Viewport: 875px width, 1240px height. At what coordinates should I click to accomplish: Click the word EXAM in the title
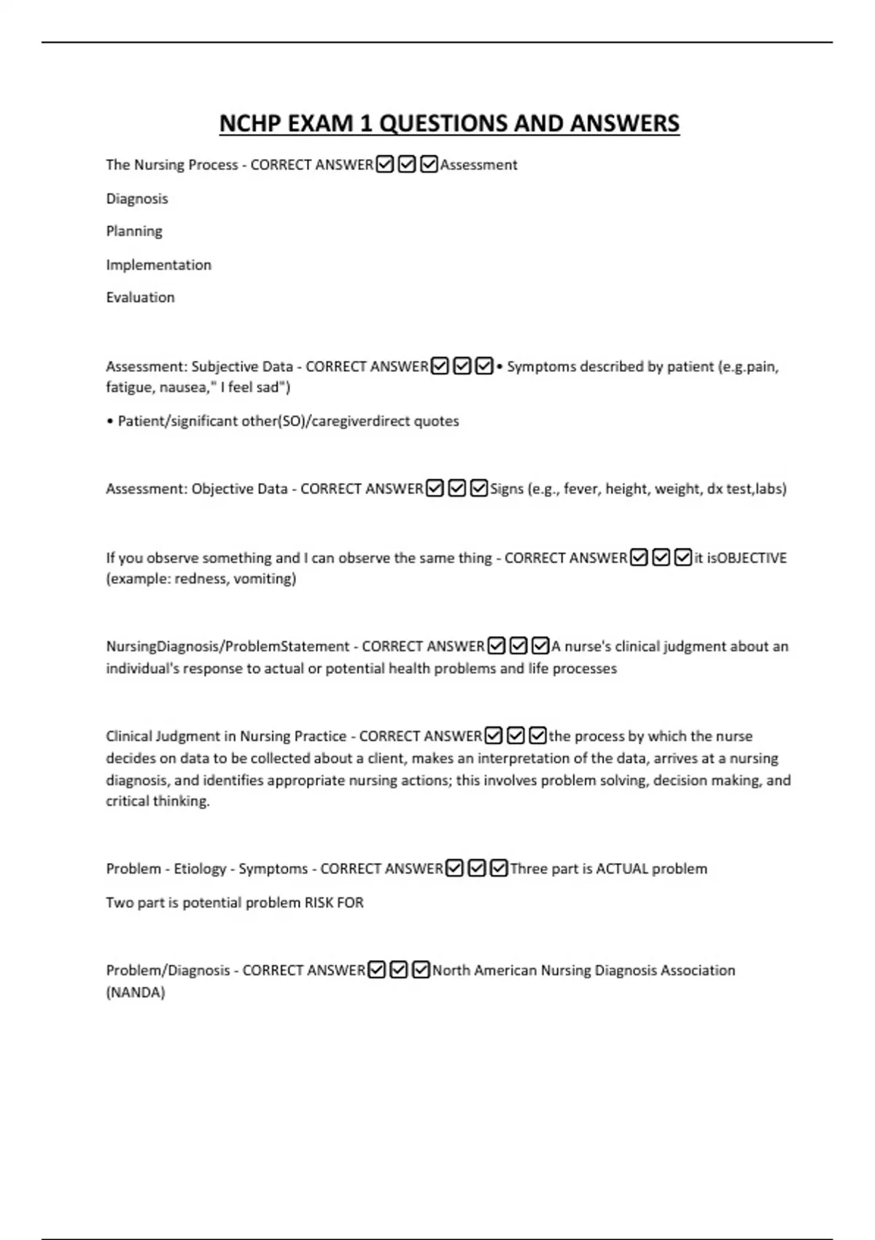click(x=319, y=123)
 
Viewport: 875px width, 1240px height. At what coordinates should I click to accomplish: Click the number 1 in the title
click(x=367, y=123)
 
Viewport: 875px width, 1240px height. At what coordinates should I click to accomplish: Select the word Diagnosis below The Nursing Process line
click(x=137, y=198)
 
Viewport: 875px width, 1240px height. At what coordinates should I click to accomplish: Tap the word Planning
click(x=134, y=231)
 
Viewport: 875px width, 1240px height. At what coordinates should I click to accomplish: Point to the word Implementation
click(x=158, y=265)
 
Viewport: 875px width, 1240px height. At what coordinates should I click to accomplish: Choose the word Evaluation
click(x=140, y=298)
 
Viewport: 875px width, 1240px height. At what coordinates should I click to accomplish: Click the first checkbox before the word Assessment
click(x=385, y=165)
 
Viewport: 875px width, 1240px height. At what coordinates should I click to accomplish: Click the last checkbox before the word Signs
click(x=479, y=489)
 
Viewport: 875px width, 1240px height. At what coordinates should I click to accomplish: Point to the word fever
click(x=580, y=489)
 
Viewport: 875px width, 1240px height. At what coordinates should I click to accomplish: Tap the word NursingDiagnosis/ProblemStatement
click(x=227, y=646)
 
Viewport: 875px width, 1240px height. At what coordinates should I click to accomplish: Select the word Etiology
click(x=200, y=869)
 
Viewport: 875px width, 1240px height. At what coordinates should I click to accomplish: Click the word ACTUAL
click(x=622, y=869)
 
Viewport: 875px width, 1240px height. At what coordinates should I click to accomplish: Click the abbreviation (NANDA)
click(x=136, y=993)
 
